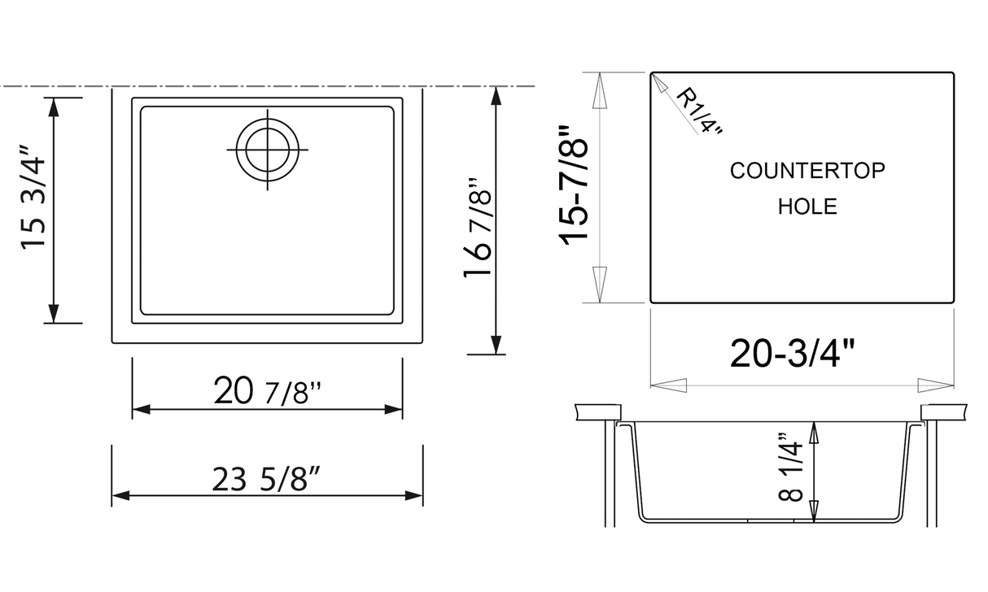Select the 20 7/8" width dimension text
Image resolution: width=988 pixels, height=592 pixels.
click(x=267, y=394)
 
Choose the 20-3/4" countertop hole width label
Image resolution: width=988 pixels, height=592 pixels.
click(x=793, y=354)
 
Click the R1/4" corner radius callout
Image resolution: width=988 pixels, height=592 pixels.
click(x=698, y=112)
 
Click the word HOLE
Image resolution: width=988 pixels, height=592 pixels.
click(x=807, y=207)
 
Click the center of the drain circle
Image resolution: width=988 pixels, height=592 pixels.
click(x=266, y=150)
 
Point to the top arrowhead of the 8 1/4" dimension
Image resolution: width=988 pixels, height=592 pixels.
click(x=814, y=432)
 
